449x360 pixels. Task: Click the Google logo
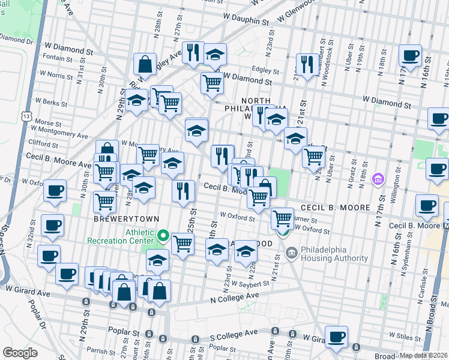(x=19, y=353)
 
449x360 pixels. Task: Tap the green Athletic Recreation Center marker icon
(x=163, y=234)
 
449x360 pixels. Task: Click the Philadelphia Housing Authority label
(x=335, y=254)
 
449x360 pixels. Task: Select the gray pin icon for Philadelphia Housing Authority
(x=291, y=253)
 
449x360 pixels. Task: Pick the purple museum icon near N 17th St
(x=378, y=179)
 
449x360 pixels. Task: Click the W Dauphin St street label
(x=244, y=20)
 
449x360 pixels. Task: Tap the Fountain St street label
(x=58, y=58)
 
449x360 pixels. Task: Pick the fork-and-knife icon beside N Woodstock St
(x=307, y=64)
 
